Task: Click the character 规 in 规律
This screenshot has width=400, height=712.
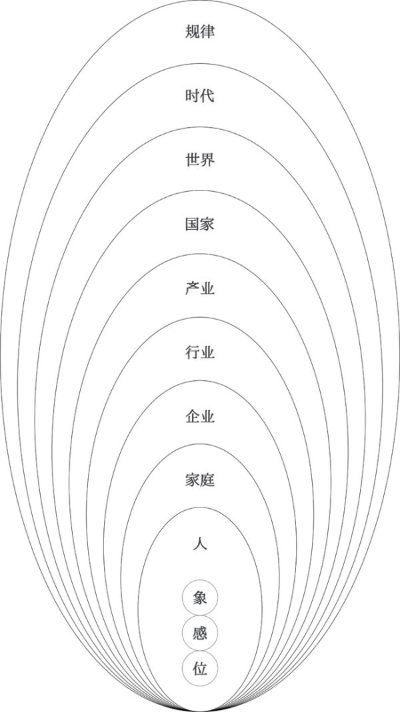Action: (x=192, y=32)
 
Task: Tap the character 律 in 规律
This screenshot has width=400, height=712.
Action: (x=207, y=32)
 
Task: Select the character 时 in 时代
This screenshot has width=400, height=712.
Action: (x=192, y=97)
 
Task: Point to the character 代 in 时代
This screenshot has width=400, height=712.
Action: (x=207, y=97)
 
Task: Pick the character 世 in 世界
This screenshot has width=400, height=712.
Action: (x=192, y=161)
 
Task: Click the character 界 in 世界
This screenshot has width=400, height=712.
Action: (x=207, y=161)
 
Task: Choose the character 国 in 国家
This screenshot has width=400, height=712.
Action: (x=192, y=224)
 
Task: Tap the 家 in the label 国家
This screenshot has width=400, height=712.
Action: (x=207, y=224)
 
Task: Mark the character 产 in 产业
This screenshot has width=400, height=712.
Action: (x=192, y=288)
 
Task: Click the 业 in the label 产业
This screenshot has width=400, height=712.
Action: (x=207, y=288)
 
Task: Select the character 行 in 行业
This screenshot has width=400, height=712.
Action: (x=192, y=352)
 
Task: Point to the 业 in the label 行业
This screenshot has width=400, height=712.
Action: (x=207, y=352)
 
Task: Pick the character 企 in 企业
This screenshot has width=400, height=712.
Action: (x=192, y=416)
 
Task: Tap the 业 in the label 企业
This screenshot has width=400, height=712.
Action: (x=207, y=416)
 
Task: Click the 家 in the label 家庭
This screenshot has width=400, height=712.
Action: (x=192, y=480)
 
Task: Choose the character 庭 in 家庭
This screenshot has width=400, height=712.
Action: (x=207, y=480)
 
